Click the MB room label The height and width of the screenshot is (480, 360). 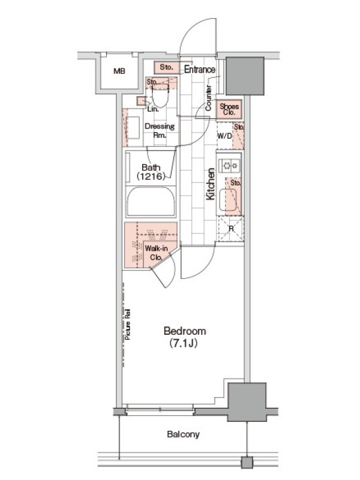119,71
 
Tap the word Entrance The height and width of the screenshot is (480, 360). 200,70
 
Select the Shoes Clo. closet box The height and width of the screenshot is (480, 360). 229,109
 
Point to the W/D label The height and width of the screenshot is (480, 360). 224,136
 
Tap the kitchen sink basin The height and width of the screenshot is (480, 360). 228,200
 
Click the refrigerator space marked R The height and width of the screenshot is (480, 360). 231,229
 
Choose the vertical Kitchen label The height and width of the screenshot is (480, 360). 211,184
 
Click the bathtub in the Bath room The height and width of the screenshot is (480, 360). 151,202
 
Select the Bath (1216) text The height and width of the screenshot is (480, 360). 151,172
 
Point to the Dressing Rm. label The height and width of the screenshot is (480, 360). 160,130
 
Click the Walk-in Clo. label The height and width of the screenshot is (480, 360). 156,253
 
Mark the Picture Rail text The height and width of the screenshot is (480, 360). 128,324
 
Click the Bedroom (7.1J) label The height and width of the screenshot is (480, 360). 185,337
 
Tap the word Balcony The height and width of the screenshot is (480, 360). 184,434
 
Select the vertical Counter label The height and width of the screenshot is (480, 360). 208,98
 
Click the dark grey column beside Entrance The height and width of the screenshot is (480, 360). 245,76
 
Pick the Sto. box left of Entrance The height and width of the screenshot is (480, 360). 166,68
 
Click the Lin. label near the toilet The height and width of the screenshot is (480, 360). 153,109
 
